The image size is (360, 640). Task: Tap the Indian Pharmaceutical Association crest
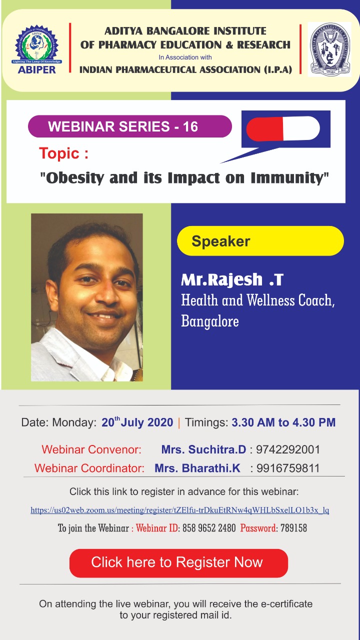pyautogui.click(x=329, y=49)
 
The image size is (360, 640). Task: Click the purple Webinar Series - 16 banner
pyautogui.click(x=129, y=126)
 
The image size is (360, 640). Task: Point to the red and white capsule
pyautogui.click(x=283, y=128)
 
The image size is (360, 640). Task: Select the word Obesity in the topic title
pyautogui.click(x=75, y=178)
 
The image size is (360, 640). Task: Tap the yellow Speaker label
pyautogui.click(x=260, y=241)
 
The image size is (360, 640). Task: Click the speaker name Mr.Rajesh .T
pyautogui.click(x=232, y=279)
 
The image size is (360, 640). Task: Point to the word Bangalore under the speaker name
pyautogui.click(x=210, y=321)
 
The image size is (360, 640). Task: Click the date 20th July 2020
pyautogui.click(x=137, y=422)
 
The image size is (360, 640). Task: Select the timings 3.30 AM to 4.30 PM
pyautogui.click(x=283, y=422)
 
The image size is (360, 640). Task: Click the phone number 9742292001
pyautogui.click(x=287, y=449)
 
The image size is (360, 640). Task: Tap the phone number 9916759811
pyautogui.click(x=287, y=468)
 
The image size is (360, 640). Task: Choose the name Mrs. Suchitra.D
pyautogui.click(x=203, y=449)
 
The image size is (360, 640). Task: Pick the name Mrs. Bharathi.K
pyautogui.click(x=197, y=468)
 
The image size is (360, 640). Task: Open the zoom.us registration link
pyautogui.click(x=179, y=510)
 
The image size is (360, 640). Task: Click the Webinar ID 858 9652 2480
pyautogui.click(x=209, y=528)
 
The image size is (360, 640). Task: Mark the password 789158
pyautogui.click(x=293, y=528)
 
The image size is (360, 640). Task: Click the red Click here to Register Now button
pyautogui.click(x=178, y=563)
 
